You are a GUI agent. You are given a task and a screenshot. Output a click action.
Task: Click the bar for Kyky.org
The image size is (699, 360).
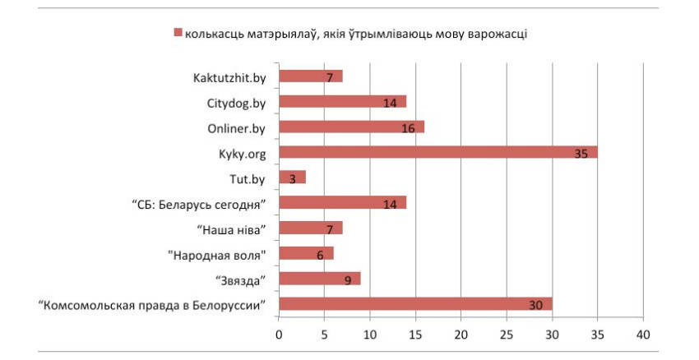tap(438, 152)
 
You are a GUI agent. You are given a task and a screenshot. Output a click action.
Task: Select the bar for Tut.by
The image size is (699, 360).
tap(292, 178)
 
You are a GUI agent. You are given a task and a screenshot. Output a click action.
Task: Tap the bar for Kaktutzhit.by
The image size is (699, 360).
tap(310, 76)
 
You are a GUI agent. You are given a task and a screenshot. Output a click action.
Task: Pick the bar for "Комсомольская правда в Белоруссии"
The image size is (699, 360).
tap(415, 304)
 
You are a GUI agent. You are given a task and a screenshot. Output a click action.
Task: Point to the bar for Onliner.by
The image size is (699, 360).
tap(351, 127)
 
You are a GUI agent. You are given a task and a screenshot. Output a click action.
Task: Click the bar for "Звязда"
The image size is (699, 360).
tap(319, 279)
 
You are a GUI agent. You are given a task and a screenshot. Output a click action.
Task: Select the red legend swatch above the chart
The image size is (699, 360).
tap(176, 33)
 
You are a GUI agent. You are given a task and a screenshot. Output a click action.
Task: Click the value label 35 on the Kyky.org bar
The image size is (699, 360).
tap(582, 154)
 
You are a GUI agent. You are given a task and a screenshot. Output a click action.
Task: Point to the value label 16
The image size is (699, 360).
tap(408, 129)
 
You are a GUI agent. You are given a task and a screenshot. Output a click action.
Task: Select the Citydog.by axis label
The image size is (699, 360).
tap(237, 103)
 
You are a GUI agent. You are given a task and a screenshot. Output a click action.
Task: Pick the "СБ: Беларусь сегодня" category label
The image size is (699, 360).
tap(201, 203)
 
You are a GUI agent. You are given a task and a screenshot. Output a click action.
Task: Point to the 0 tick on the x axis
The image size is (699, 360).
tap(279, 335)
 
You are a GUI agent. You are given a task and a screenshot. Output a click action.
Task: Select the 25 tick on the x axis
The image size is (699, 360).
tap(506, 335)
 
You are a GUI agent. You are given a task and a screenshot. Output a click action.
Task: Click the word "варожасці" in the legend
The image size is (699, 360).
tap(499, 33)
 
